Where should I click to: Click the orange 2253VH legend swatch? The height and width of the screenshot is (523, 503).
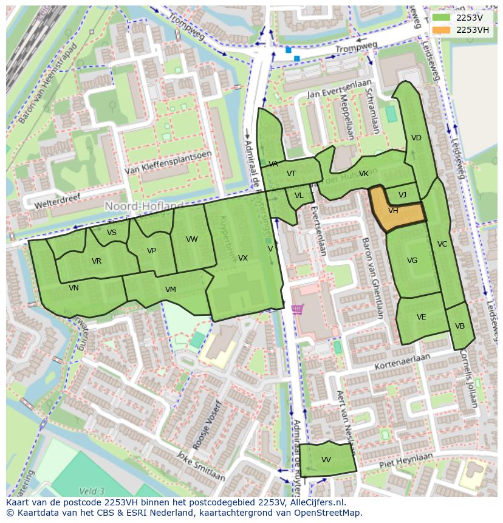click(x=442, y=30)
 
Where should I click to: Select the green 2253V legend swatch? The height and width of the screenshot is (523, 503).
click(x=442, y=18)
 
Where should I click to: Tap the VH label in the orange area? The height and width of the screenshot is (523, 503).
click(x=393, y=211)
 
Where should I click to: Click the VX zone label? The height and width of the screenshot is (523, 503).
click(x=242, y=258)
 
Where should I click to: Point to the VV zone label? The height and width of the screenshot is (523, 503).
click(x=326, y=460)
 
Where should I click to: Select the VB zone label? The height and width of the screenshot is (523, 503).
click(x=460, y=326)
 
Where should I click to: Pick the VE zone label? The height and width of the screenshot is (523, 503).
click(x=421, y=317)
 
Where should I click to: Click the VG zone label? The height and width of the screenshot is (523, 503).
click(x=412, y=261)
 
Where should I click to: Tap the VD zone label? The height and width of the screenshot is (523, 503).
click(x=416, y=138)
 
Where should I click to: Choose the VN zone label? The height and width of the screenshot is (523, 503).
click(x=74, y=288)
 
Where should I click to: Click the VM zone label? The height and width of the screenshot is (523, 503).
click(x=170, y=290)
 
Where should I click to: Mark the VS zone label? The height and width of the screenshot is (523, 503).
click(x=112, y=233)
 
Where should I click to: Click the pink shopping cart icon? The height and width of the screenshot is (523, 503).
click(x=297, y=309)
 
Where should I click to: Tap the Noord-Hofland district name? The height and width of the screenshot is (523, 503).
click(x=144, y=207)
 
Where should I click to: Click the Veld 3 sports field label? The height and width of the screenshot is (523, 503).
click(x=92, y=491)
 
